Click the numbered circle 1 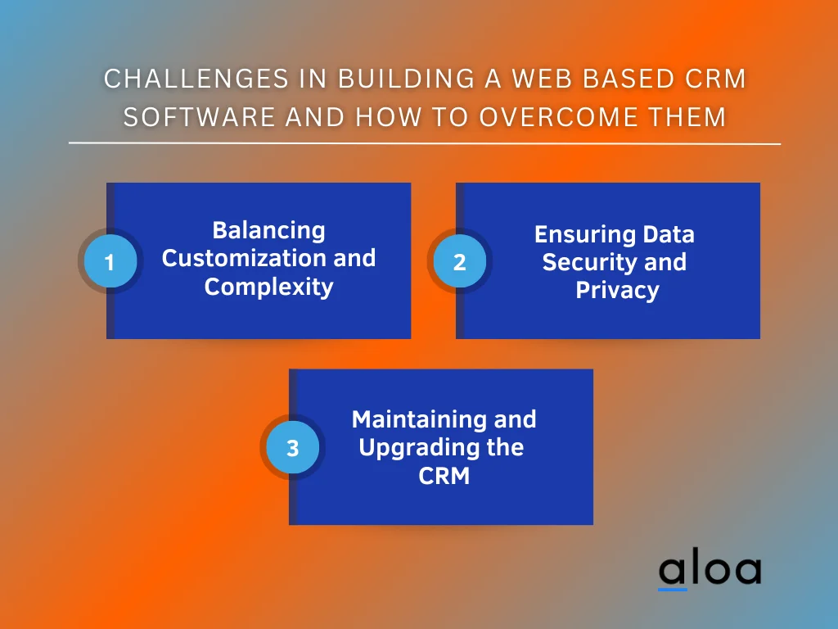coord(110,262)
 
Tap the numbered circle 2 coord(459,262)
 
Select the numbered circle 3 coord(292,449)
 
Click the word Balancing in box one coord(268,230)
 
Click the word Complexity coord(268,287)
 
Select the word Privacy coord(617,290)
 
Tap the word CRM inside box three coord(444,475)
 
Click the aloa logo coord(710,571)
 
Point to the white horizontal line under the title coord(425,143)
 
